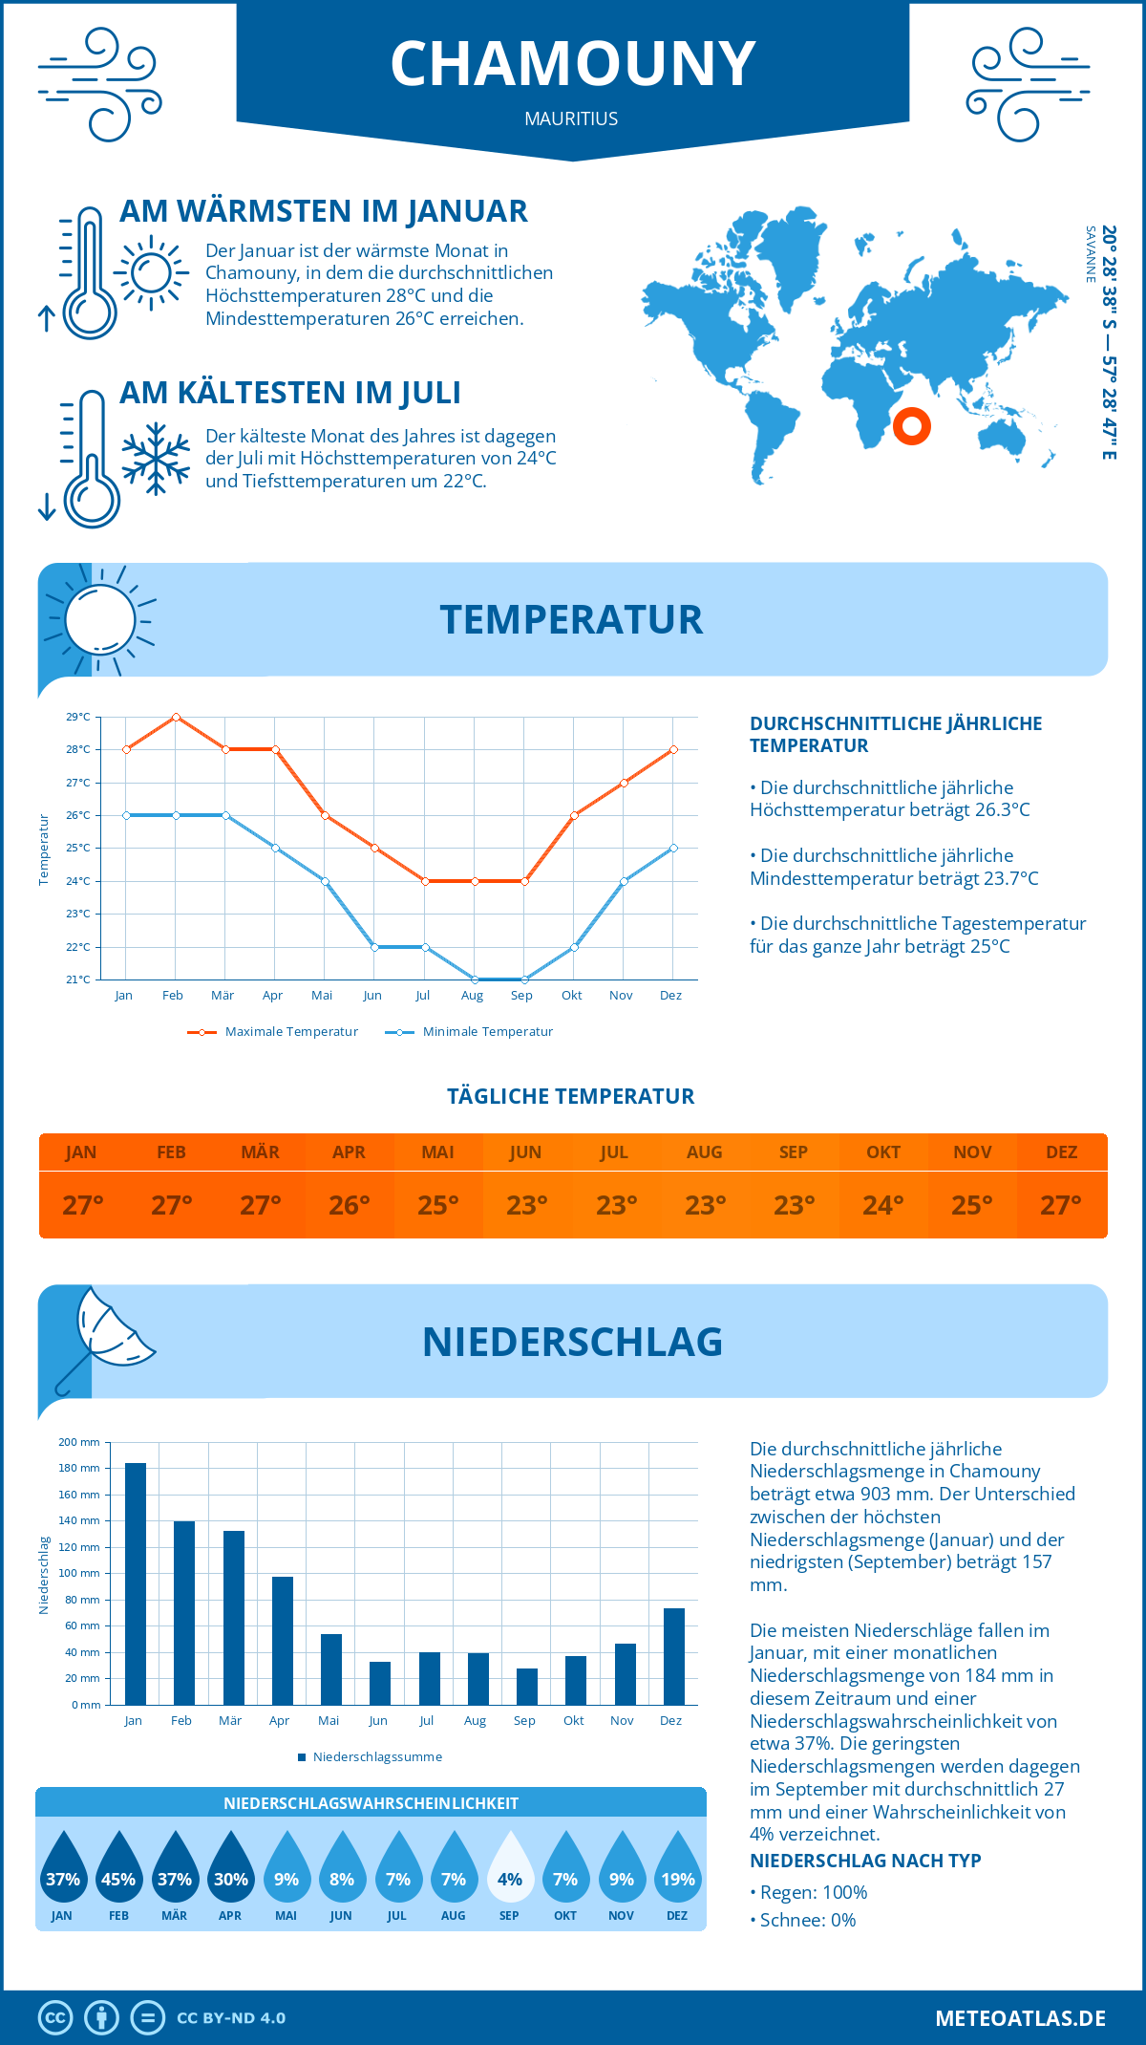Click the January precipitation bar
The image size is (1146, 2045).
tap(136, 1583)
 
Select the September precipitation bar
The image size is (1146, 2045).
tap(527, 1687)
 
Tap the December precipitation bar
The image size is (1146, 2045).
tap(674, 1656)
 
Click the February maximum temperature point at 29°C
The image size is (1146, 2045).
tap(176, 717)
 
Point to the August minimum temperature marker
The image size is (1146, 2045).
tap(475, 979)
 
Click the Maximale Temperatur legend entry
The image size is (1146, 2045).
tap(273, 1032)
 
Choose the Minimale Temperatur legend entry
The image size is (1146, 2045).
tap(470, 1032)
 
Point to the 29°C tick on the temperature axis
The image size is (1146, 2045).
tap(78, 717)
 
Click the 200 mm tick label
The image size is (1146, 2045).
tap(79, 1442)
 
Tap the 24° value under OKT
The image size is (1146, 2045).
tap(883, 1205)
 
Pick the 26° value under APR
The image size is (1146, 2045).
tap(350, 1205)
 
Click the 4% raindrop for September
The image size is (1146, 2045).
tap(510, 1868)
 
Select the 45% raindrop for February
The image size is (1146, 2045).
tap(118, 1868)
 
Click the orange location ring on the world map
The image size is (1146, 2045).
tap(912, 425)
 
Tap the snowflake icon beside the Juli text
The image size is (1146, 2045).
tap(156, 459)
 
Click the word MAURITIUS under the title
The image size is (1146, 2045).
tap(571, 118)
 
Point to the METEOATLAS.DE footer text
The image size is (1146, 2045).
tap(1020, 2018)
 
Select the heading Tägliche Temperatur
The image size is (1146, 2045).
tap(571, 1096)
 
